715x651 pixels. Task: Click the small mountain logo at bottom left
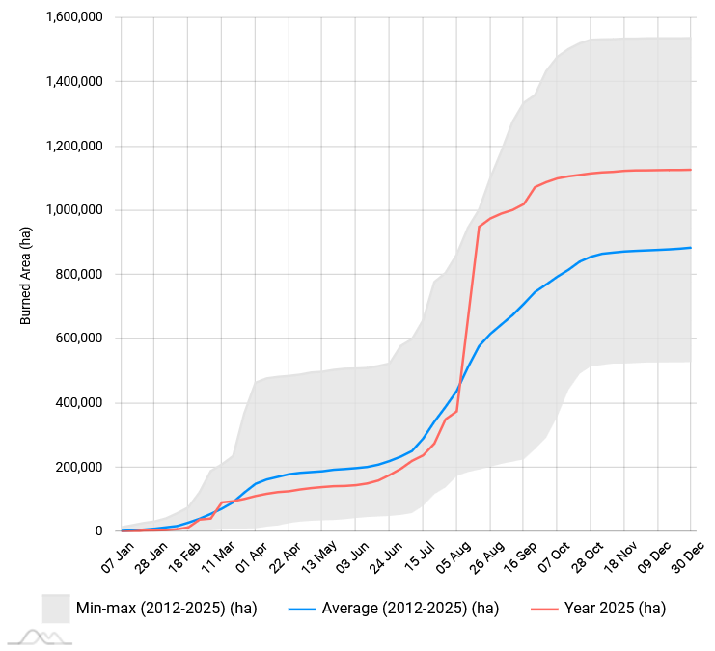point(40,637)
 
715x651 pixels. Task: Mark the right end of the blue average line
point(691,248)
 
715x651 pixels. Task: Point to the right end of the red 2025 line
point(691,170)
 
